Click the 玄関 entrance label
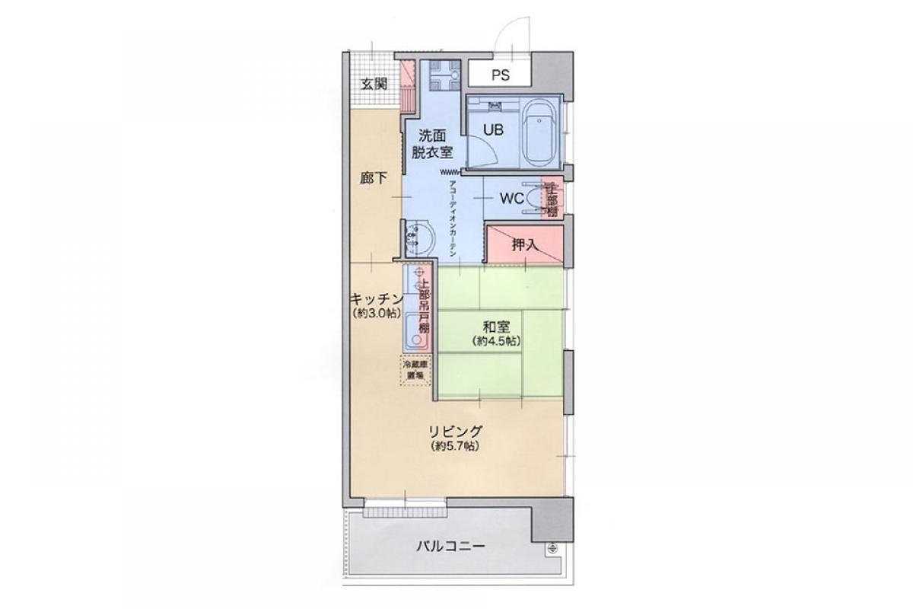click(x=373, y=84)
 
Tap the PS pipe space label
click(x=499, y=75)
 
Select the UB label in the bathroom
click(x=493, y=129)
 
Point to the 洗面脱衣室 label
click(x=431, y=144)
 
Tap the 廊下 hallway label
click(x=374, y=179)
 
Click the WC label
click(x=510, y=199)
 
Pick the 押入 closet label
click(x=524, y=245)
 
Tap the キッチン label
click(x=374, y=298)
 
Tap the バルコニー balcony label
click(x=451, y=546)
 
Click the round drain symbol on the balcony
click(x=551, y=548)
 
